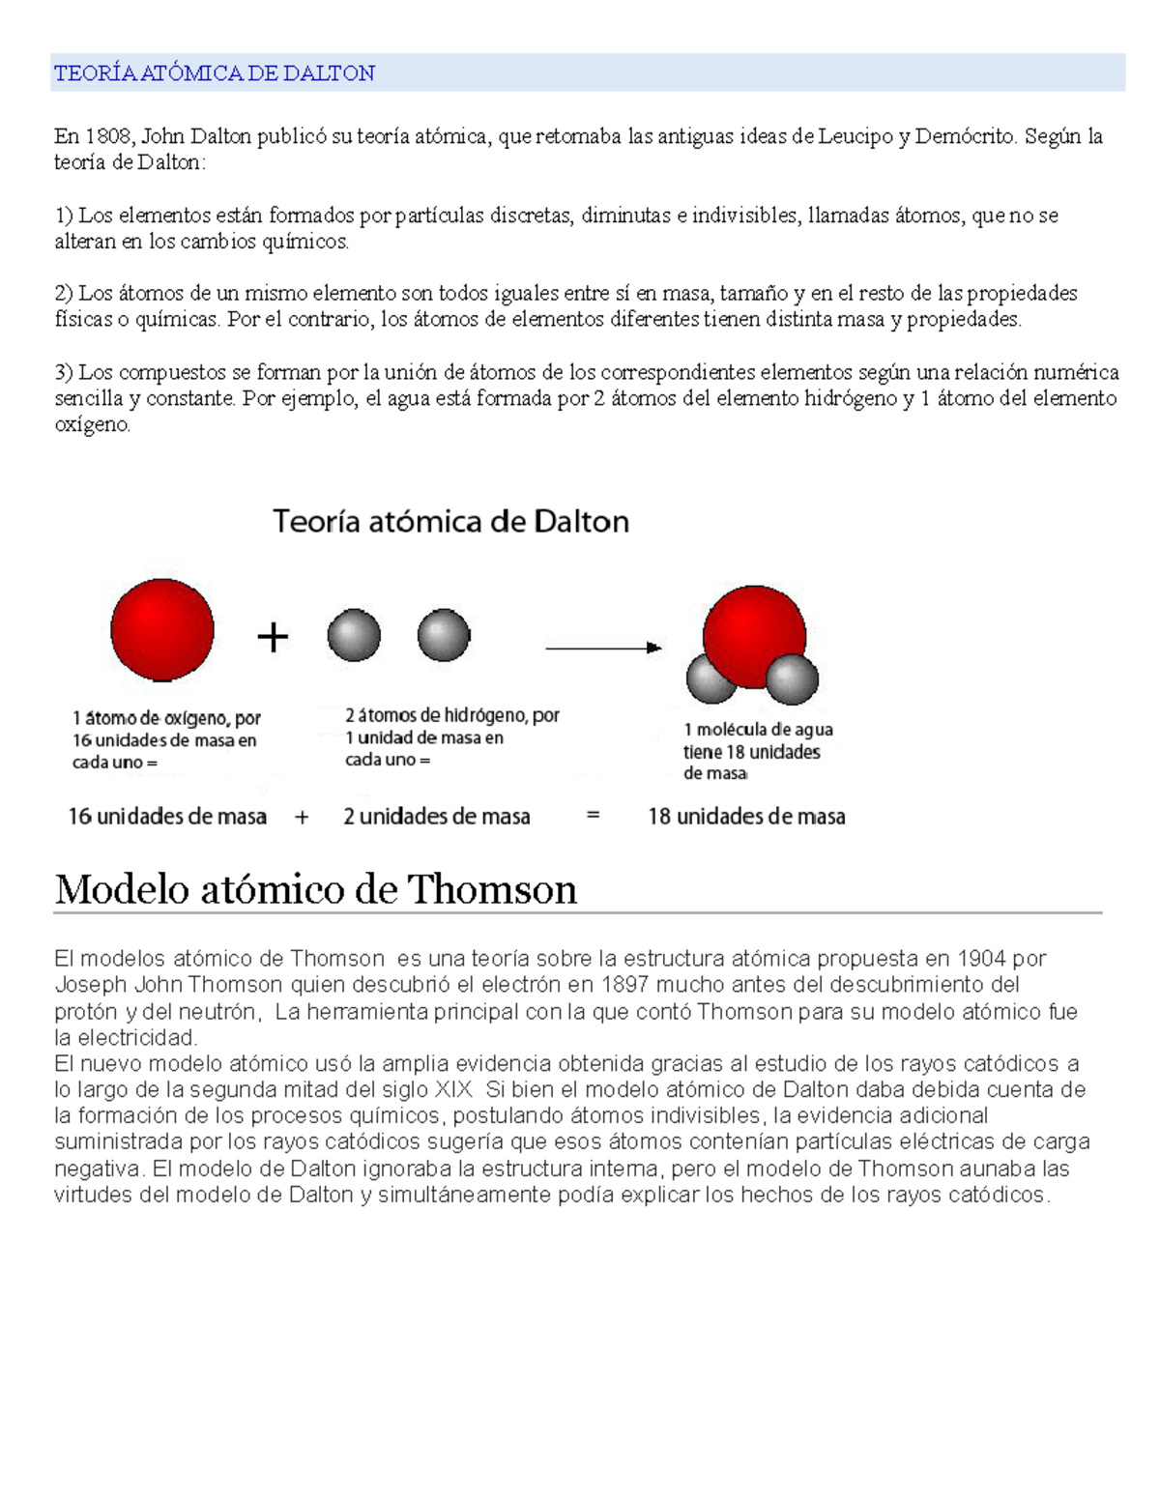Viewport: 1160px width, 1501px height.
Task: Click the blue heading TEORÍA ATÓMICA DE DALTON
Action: pyautogui.click(x=214, y=73)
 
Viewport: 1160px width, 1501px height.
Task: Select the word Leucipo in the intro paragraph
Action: pyautogui.click(x=855, y=136)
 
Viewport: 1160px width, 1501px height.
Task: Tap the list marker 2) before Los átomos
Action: pyautogui.click(x=64, y=293)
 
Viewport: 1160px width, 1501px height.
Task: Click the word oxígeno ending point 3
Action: pyautogui.click(x=92, y=424)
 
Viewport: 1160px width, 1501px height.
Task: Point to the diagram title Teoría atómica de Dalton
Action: pyautogui.click(x=450, y=522)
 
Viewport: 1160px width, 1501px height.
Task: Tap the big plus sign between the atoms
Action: pyautogui.click(x=273, y=637)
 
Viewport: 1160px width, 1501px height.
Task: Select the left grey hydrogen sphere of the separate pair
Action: pyautogui.click(x=354, y=635)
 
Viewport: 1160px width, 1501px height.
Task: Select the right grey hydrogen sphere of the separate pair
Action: pyautogui.click(x=444, y=635)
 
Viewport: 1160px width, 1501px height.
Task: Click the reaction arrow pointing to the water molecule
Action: pyautogui.click(x=603, y=648)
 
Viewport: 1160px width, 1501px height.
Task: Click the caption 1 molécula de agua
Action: pyautogui.click(x=758, y=730)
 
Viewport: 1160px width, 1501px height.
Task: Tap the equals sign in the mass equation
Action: pyautogui.click(x=593, y=816)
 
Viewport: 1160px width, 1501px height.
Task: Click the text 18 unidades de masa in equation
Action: pyautogui.click(x=746, y=817)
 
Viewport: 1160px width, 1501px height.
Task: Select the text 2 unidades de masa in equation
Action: pyautogui.click(x=437, y=817)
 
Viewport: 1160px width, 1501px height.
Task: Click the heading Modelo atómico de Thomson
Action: pyautogui.click(x=316, y=889)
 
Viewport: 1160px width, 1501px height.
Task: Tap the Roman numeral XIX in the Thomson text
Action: pyautogui.click(x=453, y=1090)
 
